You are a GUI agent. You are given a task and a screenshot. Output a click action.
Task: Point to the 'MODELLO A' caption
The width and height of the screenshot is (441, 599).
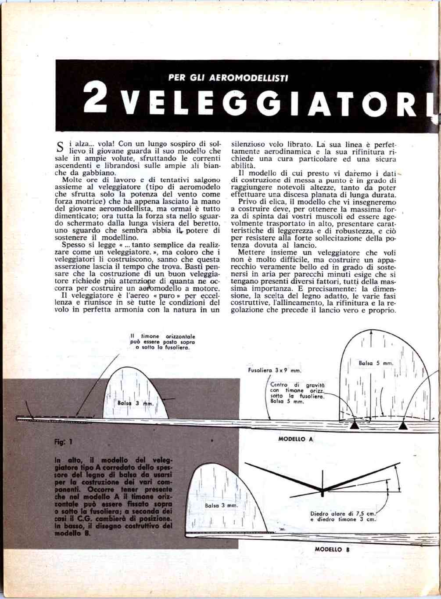click(x=296, y=439)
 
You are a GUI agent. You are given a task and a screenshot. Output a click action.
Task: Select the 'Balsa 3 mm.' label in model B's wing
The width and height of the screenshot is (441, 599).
click(x=222, y=505)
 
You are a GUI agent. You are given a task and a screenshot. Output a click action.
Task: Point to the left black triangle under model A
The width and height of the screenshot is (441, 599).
click(x=354, y=426)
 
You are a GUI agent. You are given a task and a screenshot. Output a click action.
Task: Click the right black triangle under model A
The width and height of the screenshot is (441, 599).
click(x=403, y=426)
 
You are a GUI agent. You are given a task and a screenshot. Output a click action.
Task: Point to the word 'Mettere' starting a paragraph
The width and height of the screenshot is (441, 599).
click(x=251, y=253)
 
